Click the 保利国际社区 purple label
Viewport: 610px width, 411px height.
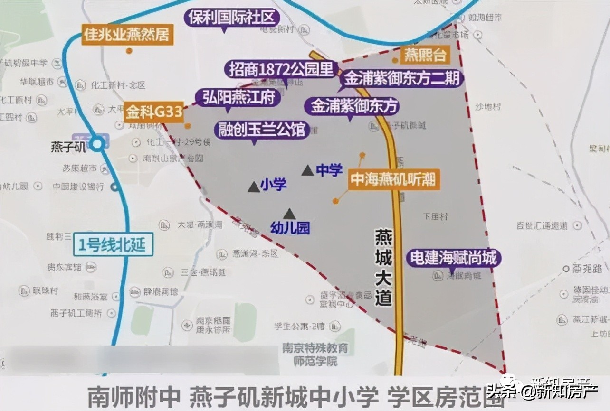point(232,19)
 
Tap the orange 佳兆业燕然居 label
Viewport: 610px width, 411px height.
point(127,35)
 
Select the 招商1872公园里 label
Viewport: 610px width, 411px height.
point(281,70)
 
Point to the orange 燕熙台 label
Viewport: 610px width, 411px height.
point(425,55)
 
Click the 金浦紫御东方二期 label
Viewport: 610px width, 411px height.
point(401,78)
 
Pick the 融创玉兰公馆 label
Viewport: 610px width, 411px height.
point(262,129)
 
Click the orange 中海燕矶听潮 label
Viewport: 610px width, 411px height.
point(393,179)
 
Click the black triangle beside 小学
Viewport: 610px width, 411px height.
point(254,187)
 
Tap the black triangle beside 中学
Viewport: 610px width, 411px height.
point(308,170)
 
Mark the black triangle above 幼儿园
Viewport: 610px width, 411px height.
point(289,214)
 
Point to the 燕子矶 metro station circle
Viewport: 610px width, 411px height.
point(98,144)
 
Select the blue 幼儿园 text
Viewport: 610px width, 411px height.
point(290,228)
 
